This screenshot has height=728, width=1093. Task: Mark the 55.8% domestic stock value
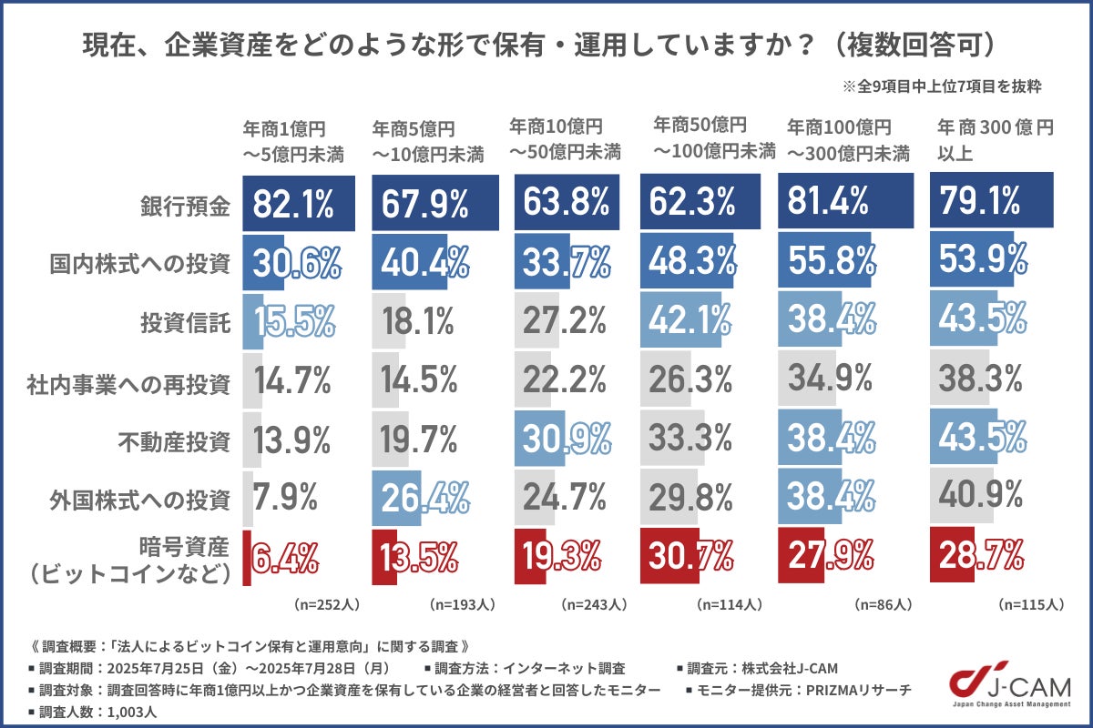[830, 262]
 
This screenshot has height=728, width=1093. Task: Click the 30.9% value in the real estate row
[564, 441]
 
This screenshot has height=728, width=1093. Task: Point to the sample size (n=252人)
[323, 603]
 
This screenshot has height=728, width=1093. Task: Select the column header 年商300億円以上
[989, 140]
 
